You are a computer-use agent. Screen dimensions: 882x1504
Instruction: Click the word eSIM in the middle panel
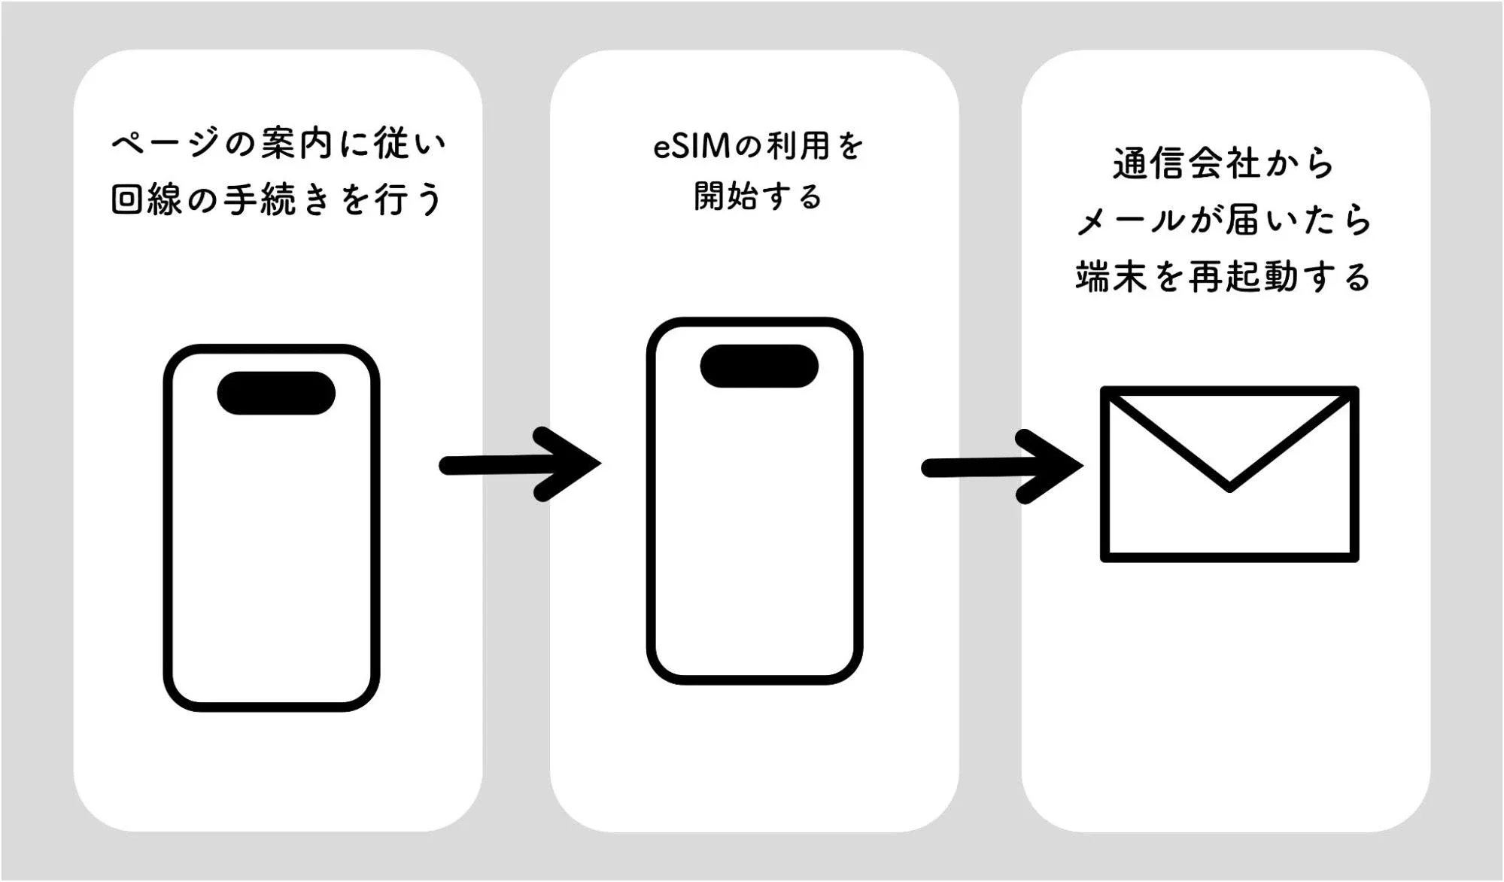tap(691, 146)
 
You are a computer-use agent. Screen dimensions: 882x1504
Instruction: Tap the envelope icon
tap(1229, 474)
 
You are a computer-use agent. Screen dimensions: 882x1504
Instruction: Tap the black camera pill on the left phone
tap(276, 393)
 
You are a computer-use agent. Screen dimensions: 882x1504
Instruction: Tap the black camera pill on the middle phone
tap(758, 366)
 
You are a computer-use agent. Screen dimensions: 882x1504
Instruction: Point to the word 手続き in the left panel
tap(277, 199)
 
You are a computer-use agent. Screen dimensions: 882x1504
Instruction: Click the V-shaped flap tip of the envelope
tap(1229, 485)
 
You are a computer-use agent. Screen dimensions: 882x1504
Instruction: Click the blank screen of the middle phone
tap(755, 527)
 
